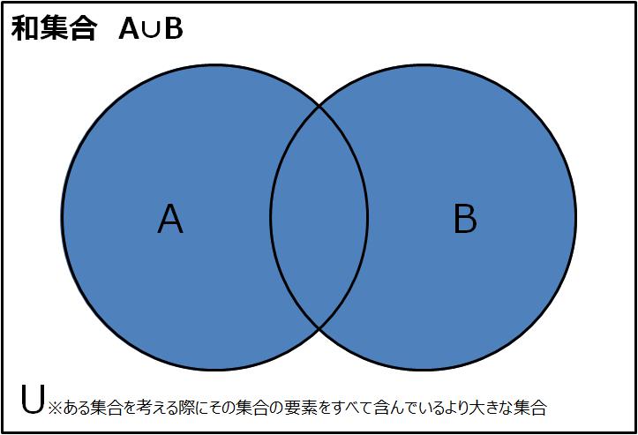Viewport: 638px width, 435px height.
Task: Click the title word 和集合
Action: click(x=54, y=28)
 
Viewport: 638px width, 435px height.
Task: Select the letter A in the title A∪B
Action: click(x=129, y=29)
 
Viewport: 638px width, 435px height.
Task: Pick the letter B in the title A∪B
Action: click(x=174, y=29)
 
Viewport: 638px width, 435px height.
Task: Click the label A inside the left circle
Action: click(x=170, y=219)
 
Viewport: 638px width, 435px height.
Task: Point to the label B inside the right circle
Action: click(x=465, y=219)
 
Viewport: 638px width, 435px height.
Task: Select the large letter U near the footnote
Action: click(x=32, y=399)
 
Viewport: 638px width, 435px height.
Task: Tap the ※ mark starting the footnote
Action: click(x=56, y=408)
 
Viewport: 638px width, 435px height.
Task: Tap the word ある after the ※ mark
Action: click(x=77, y=408)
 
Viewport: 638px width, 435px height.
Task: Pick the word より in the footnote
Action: click(x=452, y=407)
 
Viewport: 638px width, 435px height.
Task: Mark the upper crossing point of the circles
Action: click(x=319, y=106)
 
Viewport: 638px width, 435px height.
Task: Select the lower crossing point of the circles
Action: click(x=319, y=327)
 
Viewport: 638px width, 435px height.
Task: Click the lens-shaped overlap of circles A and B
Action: click(x=319, y=217)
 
